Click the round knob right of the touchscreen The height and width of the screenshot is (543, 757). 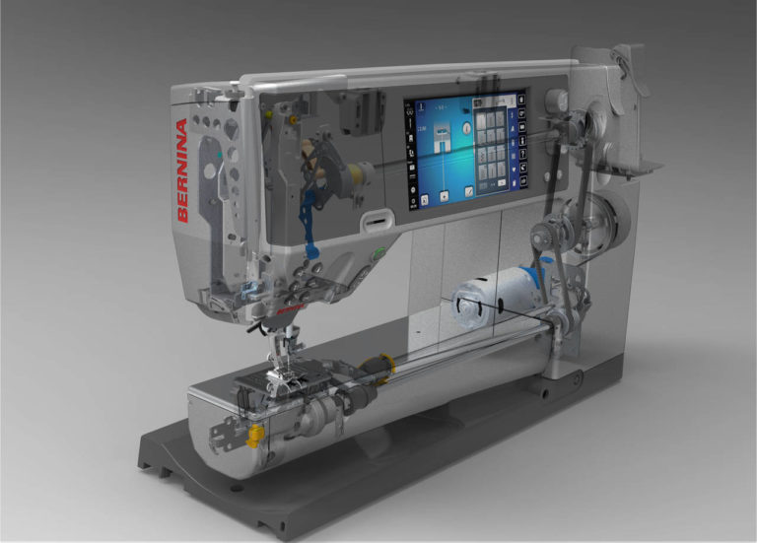pos(557,100)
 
